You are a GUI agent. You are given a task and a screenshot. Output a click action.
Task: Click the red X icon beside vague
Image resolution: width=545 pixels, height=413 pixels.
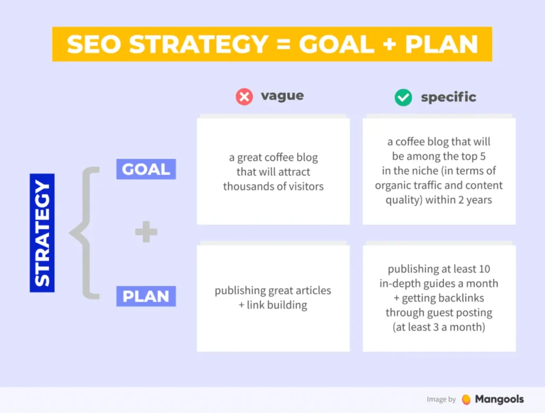pos(244,97)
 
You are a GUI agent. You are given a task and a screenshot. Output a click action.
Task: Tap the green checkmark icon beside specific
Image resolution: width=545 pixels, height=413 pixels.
pos(403,97)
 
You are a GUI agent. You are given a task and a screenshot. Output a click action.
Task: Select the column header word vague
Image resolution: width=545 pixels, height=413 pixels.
pos(282,96)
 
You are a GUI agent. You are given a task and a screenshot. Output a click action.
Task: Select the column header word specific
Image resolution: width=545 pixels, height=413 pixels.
pos(448,97)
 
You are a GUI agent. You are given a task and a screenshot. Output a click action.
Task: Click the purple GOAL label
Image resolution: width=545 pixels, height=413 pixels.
pos(146,170)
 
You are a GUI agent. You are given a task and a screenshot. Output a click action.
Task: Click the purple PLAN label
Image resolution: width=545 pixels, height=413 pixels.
pos(146,296)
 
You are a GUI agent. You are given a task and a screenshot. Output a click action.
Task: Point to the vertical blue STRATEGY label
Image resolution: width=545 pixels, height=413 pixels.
pos(42,233)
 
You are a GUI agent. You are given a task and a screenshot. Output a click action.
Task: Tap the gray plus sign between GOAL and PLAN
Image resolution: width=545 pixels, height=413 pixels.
pos(146,233)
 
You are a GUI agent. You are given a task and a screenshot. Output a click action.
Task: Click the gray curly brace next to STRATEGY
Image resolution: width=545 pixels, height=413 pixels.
pos(85,233)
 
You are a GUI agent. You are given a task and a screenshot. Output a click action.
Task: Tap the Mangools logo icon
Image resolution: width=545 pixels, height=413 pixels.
pos(466,399)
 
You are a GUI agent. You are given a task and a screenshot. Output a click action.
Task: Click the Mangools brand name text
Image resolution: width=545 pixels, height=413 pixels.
pos(499,399)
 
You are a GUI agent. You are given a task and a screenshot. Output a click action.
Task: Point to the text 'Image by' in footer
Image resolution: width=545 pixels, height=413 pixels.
pos(441,400)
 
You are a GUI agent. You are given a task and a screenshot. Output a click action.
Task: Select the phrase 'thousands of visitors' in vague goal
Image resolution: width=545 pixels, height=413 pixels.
pos(273,186)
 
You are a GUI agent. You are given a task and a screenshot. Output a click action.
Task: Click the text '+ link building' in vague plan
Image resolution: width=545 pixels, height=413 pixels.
pos(273,305)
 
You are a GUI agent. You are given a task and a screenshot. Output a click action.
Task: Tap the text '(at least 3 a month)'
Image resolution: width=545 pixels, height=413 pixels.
pos(439,327)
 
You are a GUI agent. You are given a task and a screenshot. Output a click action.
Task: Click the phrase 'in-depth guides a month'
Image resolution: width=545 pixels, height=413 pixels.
pos(439,284)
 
